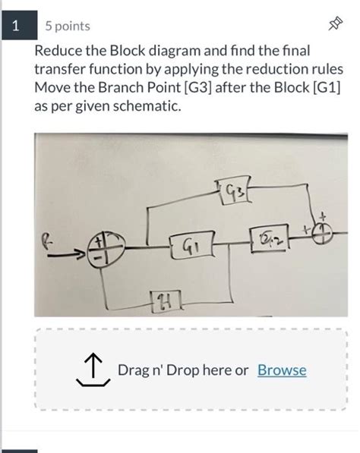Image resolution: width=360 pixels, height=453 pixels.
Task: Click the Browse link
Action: coord(282,370)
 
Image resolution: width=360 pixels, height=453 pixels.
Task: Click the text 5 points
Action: coord(67,27)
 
